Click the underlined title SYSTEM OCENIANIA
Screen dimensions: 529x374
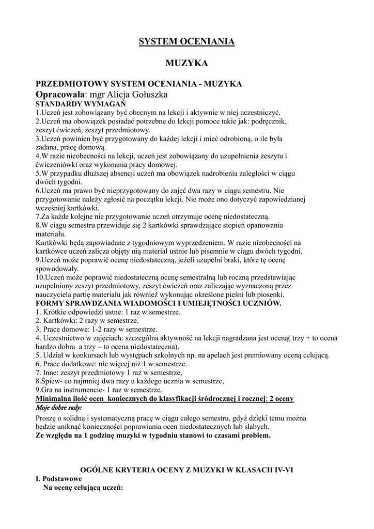click(x=186, y=41)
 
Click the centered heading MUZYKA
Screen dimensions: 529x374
click(x=186, y=64)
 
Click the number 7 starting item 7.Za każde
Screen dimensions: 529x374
click(x=38, y=216)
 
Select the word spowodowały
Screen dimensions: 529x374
click(x=57, y=269)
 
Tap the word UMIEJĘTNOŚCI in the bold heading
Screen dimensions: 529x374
click(x=217, y=303)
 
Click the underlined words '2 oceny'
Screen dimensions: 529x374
click(x=281, y=399)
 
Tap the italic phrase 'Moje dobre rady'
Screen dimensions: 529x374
click(x=59, y=408)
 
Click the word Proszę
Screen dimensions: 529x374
click(x=46, y=417)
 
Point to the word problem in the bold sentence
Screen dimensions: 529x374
click(x=254, y=435)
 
